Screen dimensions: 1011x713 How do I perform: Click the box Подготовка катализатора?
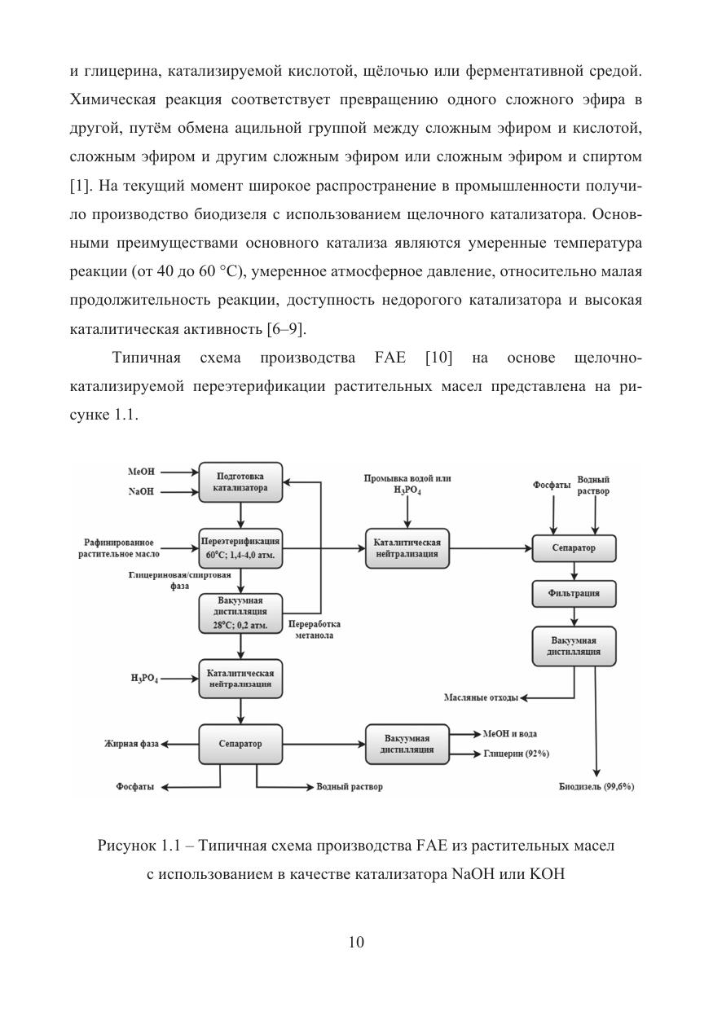tap(240, 482)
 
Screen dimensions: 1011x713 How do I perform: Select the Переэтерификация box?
tap(240, 547)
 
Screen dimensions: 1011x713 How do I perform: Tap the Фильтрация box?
tap(574, 593)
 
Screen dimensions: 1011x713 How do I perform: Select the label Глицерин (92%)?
tap(516, 754)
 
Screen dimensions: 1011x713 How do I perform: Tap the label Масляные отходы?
tap(482, 698)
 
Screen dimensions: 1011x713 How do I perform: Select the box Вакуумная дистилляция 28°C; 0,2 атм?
tap(240, 613)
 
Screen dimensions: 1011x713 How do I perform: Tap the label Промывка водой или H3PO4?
tap(407, 485)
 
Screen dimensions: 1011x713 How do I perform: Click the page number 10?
tap(356, 943)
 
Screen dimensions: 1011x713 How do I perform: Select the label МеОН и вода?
tap(510, 734)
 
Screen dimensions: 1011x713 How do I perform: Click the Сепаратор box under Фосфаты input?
tap(574, 548)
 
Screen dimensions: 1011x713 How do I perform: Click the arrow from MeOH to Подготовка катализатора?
tap(178, 472)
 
